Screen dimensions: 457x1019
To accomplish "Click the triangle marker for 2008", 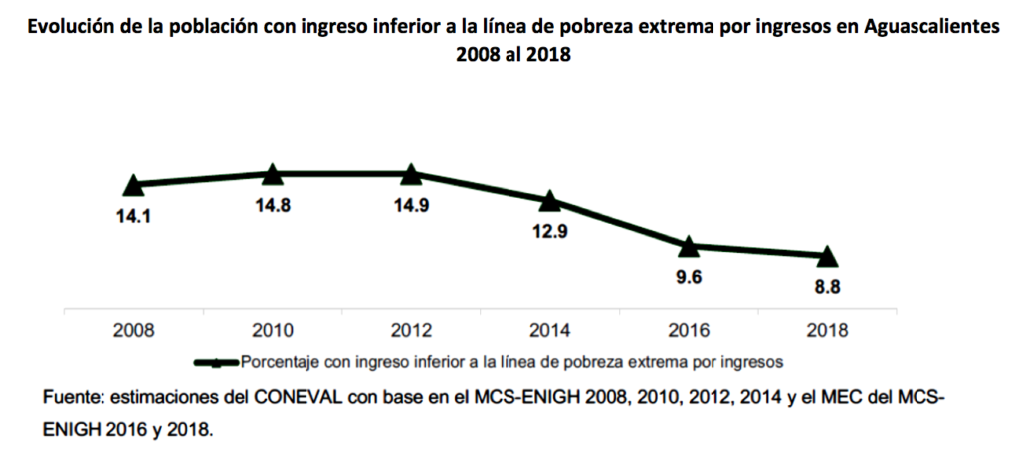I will coord(134,184).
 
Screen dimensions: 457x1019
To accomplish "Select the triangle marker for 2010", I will coord(273,174).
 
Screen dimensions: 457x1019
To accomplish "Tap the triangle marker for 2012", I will coord(410,174).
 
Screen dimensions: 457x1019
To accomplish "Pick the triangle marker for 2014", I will coord(549,201).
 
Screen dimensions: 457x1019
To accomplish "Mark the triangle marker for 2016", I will coord(688,245).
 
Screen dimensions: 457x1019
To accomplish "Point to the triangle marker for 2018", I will coord(826,256).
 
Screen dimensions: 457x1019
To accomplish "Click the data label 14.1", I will coord(134,213).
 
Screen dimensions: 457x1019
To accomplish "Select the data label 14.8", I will coord(273,206).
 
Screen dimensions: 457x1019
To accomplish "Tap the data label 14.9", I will coord(410,206).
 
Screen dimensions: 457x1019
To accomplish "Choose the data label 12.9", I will coord(549,234).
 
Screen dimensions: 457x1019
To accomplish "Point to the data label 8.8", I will coord(826,288).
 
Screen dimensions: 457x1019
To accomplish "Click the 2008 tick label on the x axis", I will coord(134,330).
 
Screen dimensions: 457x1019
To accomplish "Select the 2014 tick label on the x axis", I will coord(549,330).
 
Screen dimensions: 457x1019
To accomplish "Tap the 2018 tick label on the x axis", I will coord(826,330).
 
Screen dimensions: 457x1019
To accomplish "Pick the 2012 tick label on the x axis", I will coord(410,330).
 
